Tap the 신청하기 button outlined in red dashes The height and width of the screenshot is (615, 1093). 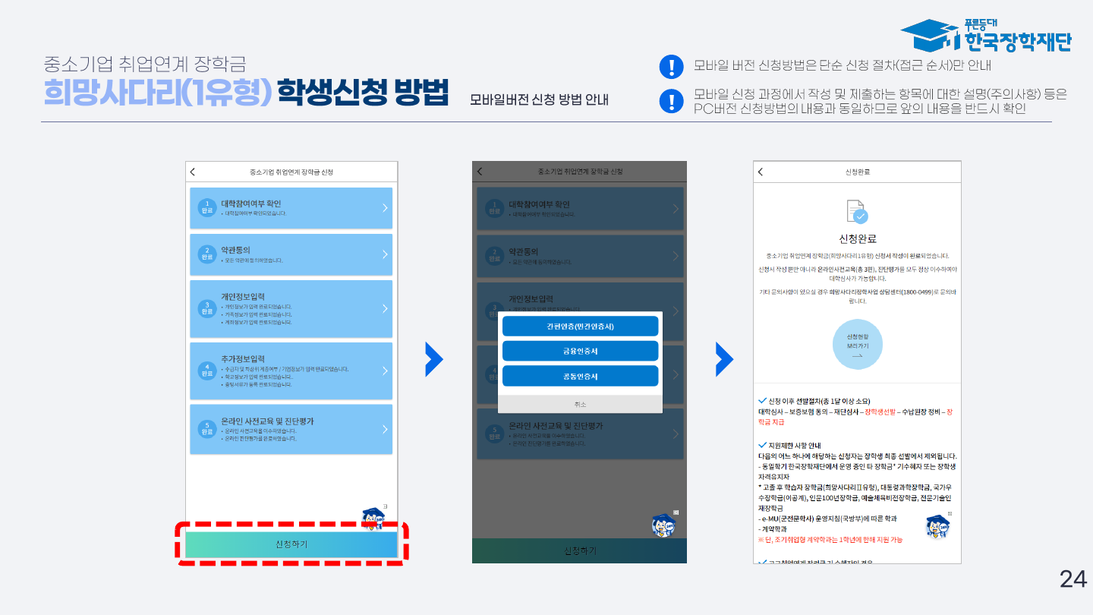coord(291,544)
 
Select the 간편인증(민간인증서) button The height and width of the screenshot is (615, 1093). coord(580,326)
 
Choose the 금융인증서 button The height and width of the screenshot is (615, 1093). coord(580,351)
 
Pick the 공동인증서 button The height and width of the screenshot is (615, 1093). coord(580,376)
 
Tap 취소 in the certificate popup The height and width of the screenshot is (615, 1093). coord(580,404)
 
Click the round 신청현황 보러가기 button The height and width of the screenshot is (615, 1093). coord(858,345)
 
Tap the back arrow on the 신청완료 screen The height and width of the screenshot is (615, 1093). coord(761,172)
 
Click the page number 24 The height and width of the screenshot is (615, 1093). coord(1073,579)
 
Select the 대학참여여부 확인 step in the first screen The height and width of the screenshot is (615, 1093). coord(291,208)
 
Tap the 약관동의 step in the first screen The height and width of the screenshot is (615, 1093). coord(291,254)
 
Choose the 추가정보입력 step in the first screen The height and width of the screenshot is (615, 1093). coord(291,371)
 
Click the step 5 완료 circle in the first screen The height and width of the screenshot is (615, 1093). coord(207,429)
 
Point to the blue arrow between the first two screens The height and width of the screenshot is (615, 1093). coord(433,359)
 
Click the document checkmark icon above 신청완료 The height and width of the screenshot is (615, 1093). coord(856,212)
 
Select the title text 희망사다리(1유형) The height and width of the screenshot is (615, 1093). coord(158,93)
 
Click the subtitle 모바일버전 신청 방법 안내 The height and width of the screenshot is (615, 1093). coord(539,100)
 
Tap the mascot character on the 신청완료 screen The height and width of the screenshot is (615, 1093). coord(937,526)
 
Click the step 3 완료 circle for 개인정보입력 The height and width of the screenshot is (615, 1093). coord(207,308)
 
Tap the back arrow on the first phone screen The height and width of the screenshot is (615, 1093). coord(193,172)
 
